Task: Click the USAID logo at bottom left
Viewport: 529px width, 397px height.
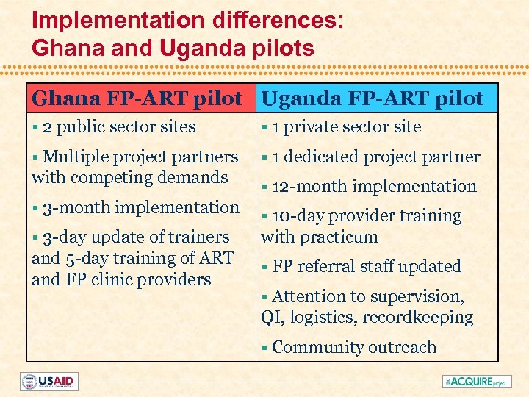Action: click(48, 382)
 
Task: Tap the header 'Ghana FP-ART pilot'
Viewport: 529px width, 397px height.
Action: click(137, 98)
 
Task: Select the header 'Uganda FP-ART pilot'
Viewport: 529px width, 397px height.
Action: click(373, 98)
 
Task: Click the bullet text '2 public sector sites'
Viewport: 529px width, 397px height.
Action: click(118, 126)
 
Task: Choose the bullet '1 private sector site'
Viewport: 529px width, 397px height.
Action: click(346, 126)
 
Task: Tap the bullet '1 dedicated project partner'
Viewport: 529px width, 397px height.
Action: click(375, 157)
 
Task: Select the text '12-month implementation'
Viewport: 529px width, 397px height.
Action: click(374, 186)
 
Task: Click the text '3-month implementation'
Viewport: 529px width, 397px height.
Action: click(140, 207)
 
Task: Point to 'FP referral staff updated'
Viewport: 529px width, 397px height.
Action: click(366, 266)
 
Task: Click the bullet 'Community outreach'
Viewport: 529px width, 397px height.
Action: click(353, 347)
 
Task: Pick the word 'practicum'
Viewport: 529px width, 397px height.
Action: click(343, 237)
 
